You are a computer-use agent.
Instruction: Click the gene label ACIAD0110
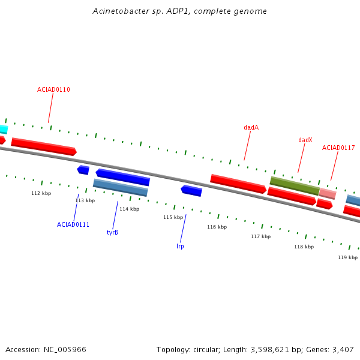click(53, 89)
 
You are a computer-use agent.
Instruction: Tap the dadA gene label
click(251, 127)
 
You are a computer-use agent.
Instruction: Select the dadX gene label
click(305, 140)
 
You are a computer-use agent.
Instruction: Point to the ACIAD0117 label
click(338, 148)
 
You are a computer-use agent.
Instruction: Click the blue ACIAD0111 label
click(73, 224)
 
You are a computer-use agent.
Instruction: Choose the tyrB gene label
click(112, 232)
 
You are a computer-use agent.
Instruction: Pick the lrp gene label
click(180, 246)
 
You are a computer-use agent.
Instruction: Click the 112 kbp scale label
click(41, 193)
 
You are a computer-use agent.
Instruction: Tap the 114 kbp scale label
click(129, 209)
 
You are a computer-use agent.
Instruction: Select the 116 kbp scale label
click(217, 227)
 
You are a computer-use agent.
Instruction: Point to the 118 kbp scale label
click(304, 247)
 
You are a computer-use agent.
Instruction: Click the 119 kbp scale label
click(347, 257)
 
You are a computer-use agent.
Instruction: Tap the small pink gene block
click(328, 194)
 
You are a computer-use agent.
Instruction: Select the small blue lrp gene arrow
click(191, 191)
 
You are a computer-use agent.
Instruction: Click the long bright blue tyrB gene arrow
click(123, 177)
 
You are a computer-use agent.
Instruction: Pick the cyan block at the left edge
click(4, 129)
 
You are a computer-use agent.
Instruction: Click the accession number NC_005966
click(65, 350)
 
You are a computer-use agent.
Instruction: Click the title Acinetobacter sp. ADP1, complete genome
click(180, 11)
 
